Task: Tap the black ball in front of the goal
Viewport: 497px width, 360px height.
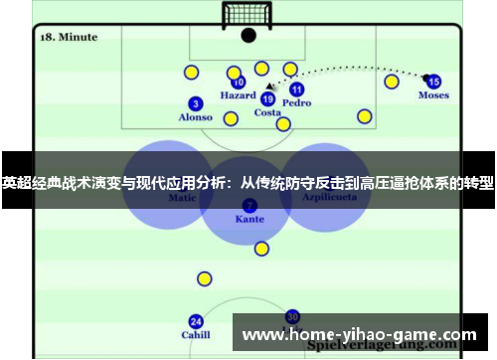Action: pos(248,36)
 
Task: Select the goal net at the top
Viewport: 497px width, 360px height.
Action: pos(248,14)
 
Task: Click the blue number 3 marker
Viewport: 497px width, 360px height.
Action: pos(196,103)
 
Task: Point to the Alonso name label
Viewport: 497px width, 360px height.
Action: pos(195,117)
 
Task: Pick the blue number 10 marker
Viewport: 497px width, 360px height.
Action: pos(239,83)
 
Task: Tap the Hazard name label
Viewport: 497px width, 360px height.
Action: pos(238,96)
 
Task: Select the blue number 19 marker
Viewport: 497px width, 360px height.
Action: pos(267,98)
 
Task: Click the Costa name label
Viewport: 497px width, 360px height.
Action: pos(267,112)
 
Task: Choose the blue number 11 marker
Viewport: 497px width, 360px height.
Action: pos(296,89)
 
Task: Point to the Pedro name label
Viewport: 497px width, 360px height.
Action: pos(296,102)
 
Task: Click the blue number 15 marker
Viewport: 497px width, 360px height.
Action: pos(433,82)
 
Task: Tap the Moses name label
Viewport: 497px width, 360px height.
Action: pos(433,95)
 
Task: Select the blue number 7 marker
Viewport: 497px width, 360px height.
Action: pos(249,205)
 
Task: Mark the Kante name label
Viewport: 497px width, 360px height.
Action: pos(249,219)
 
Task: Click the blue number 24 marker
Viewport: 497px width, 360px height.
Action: pos(196,321)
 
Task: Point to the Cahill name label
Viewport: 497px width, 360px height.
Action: pos(196,335)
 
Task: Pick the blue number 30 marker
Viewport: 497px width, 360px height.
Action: pos(292,315)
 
